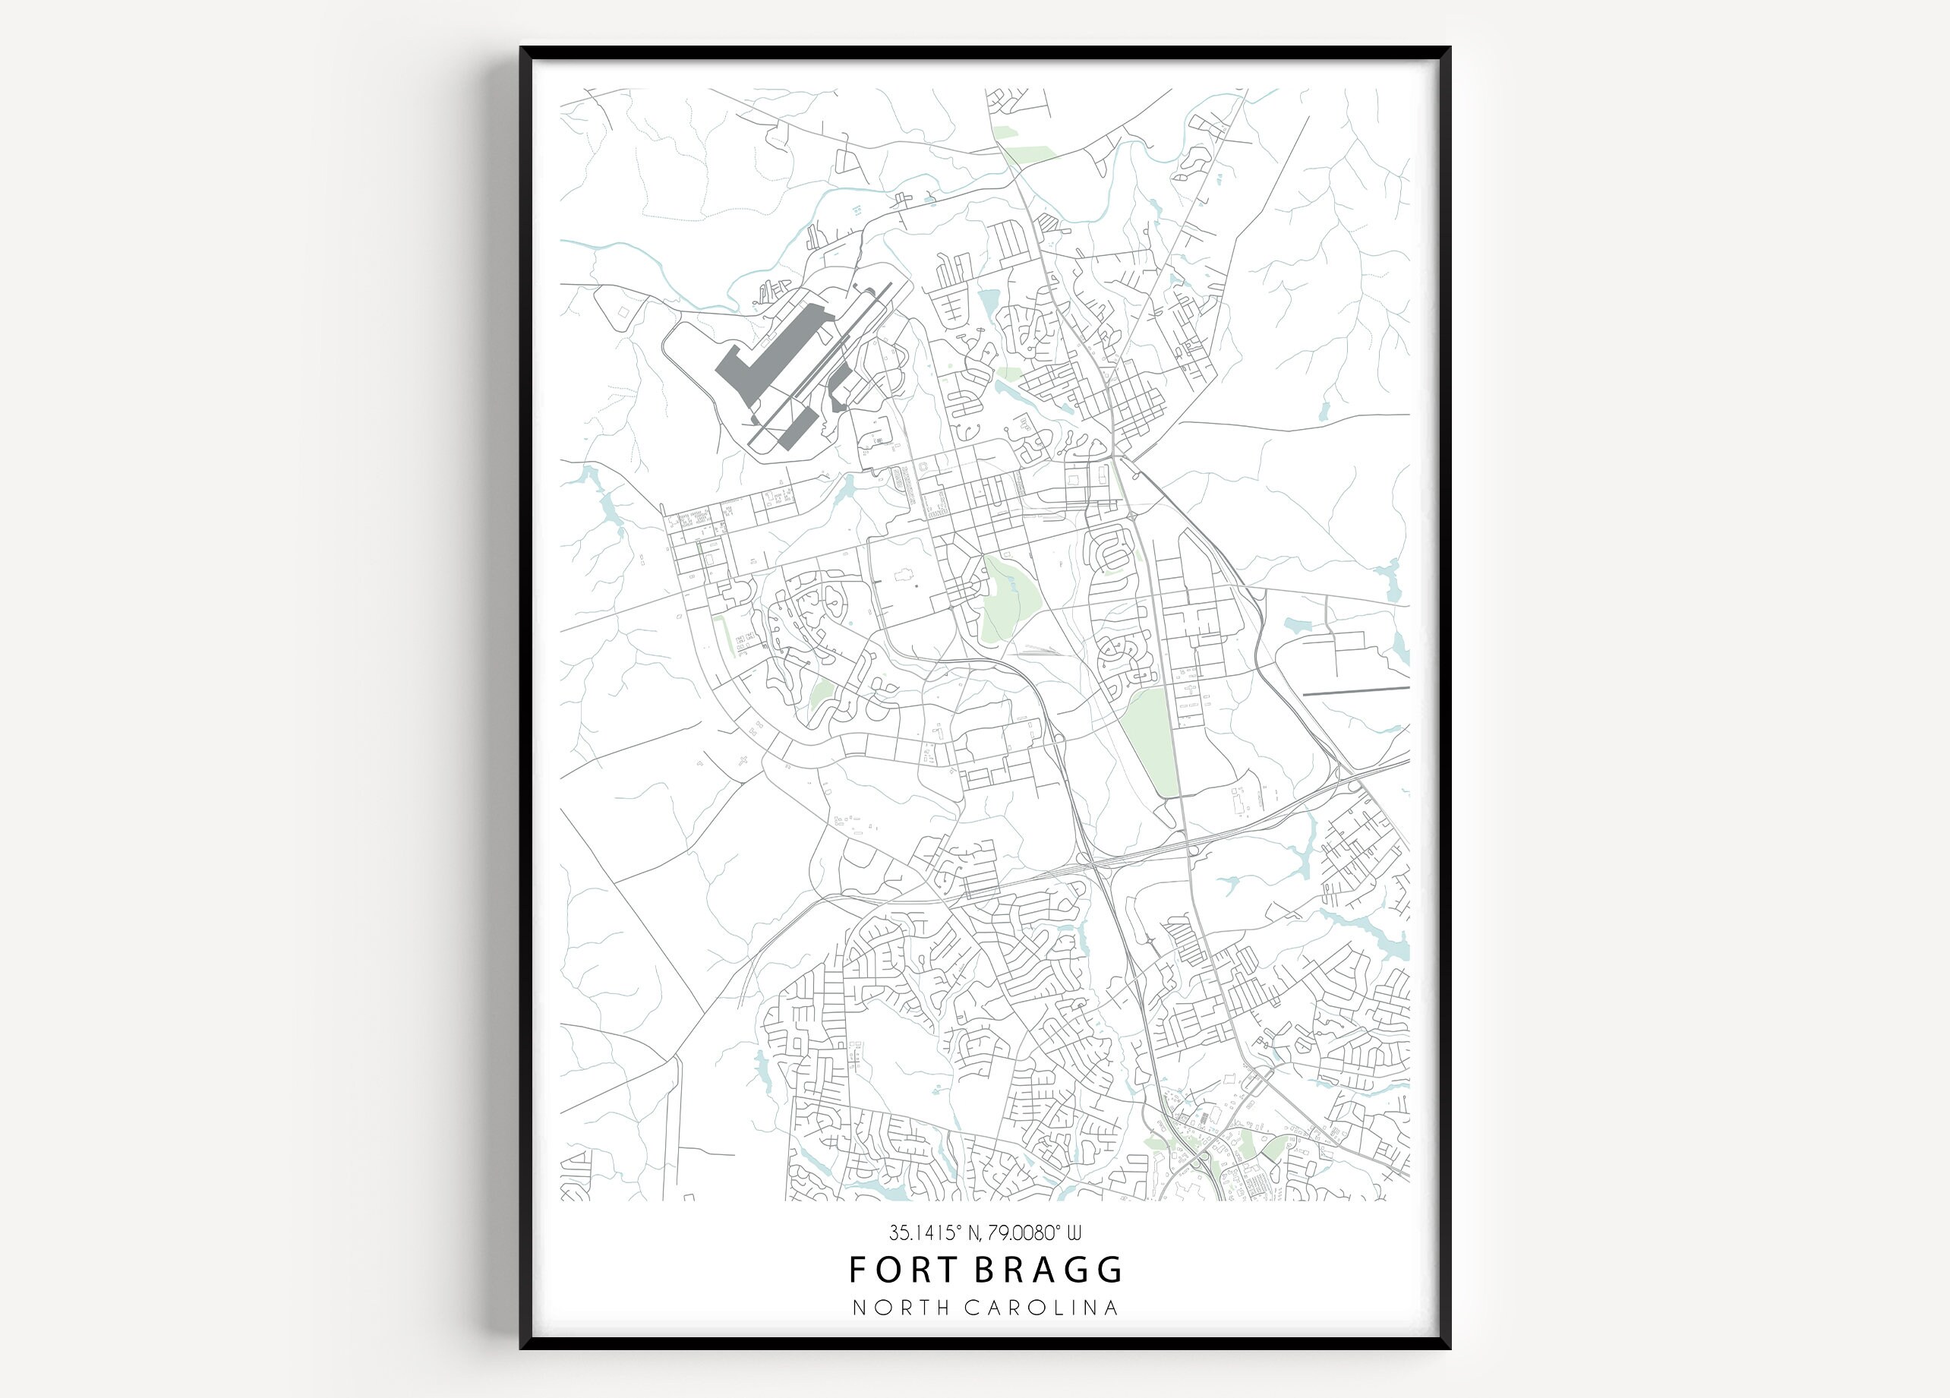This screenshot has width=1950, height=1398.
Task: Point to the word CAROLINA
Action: click(x=1041, y=1308)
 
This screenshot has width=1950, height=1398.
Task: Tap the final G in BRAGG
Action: click(x=1111, y=1269)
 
